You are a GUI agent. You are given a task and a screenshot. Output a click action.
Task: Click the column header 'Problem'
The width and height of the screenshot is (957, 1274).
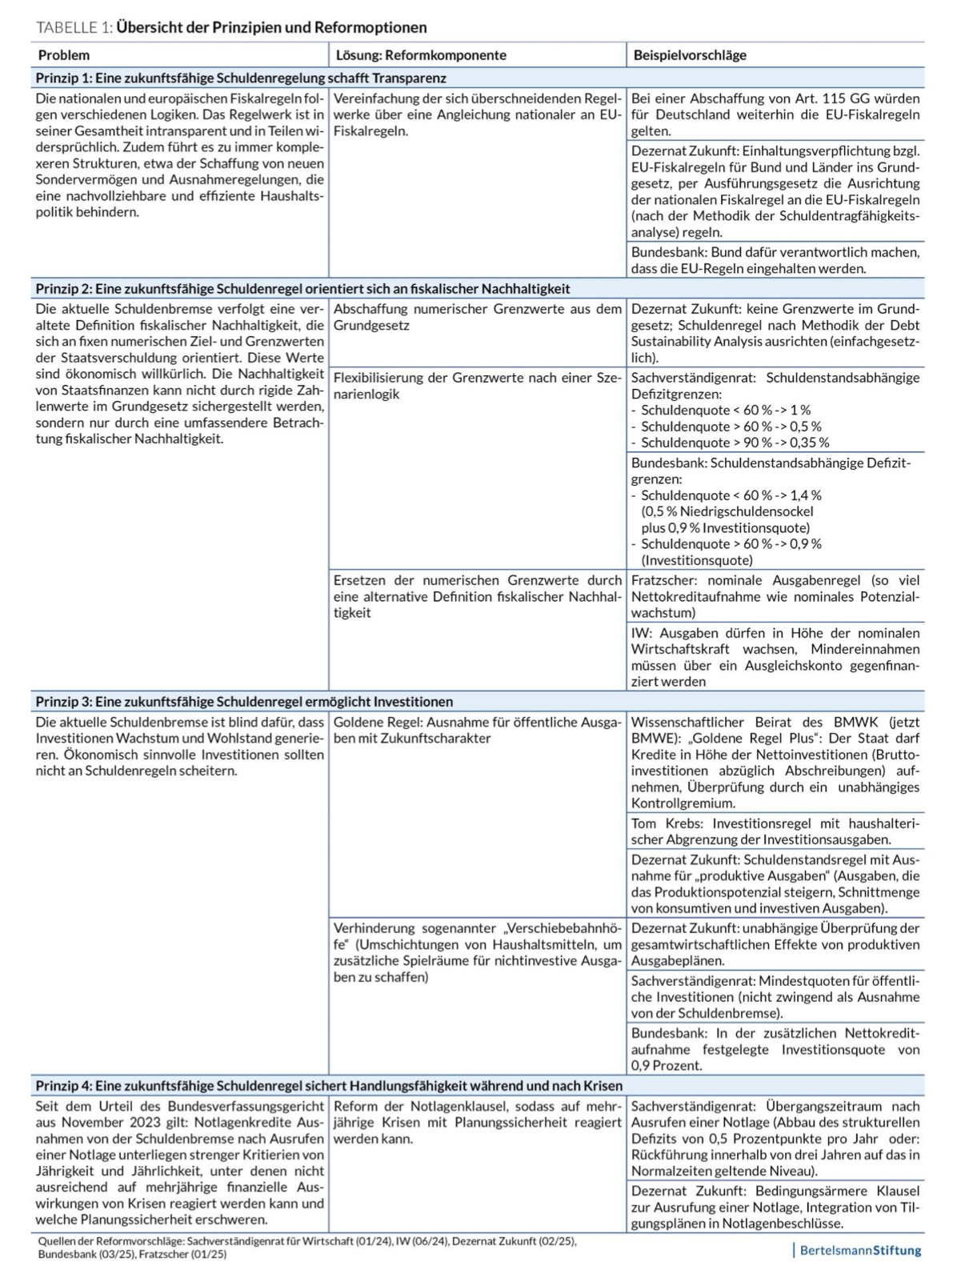[x=64, y=55]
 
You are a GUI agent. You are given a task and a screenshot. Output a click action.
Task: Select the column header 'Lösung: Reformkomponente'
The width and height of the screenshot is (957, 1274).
[x=420, y=55]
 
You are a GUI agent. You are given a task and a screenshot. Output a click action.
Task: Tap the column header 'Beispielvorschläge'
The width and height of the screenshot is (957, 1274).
[x=690, y=55]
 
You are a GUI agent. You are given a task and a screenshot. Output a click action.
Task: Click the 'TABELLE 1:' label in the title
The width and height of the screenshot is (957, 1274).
[x=74, y=27]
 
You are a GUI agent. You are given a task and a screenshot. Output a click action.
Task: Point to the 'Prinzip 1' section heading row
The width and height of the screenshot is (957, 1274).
[x=240, y=78]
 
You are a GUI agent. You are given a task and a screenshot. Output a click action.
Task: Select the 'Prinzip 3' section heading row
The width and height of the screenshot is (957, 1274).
[x=244, y=702]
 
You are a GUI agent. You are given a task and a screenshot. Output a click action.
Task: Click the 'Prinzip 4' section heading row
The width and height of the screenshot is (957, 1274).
[x=328, y=1086]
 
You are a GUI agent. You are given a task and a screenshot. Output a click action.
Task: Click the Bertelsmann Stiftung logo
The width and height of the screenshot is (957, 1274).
[x=859, y=1250]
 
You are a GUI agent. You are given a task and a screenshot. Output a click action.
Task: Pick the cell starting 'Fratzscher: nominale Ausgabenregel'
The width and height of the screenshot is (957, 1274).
[x=775, y=596]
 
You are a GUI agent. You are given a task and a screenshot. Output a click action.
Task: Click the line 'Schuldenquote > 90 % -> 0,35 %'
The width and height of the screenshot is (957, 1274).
[x=735, y=443]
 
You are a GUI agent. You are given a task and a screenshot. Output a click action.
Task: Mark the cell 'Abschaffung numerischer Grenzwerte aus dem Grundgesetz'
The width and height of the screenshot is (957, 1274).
[x=477, y=317]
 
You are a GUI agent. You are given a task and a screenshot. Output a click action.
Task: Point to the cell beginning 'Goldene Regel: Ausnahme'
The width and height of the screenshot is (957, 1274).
[x=477, y=730]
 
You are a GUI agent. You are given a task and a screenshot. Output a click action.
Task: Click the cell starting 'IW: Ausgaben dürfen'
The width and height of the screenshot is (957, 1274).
[x=775, y=657]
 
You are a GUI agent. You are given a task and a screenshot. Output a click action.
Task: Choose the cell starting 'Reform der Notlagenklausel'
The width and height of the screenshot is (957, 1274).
[x=477, y=1122]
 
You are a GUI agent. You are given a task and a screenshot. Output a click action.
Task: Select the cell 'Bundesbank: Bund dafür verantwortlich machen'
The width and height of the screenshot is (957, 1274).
[x=775, y=260]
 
